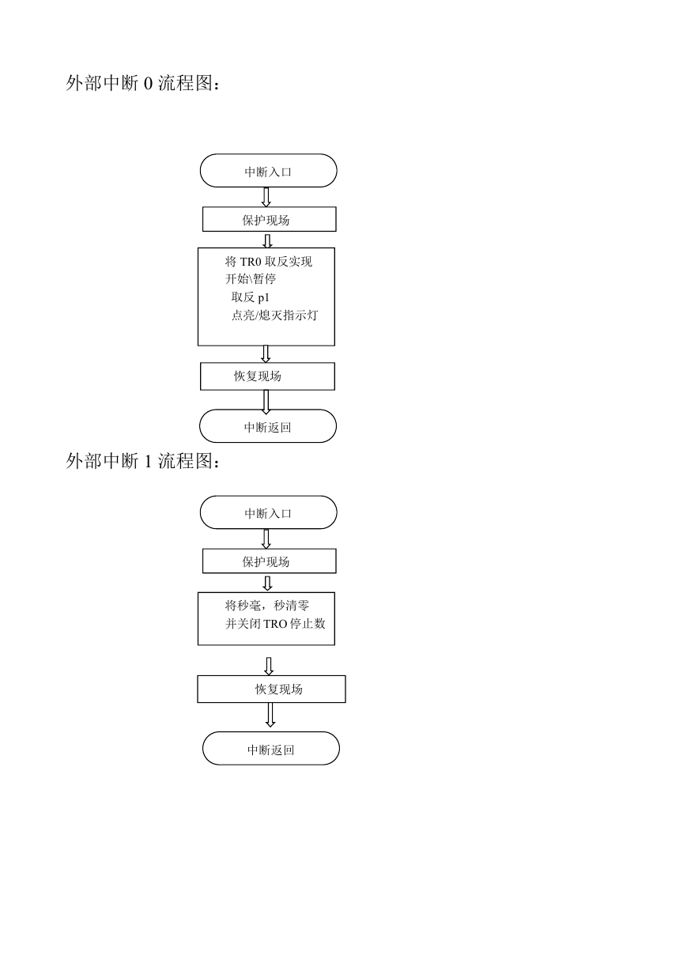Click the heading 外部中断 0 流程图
pyautogui.click(x=143, y=83)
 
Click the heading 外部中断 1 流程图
pyautogui.click(x=143, y=461)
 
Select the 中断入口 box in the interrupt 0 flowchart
pyautogui.click(x=268, y=170)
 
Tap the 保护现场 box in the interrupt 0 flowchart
pyautogui.click(x=269, y=219)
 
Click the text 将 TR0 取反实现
pyautogui.click(x=268, y=262)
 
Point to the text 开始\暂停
pyautogui.click(x=251, y=279)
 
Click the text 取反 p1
pyautogui.click(x=250, y=297)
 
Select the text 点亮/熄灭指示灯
pyautogui.click(x=275, y=315)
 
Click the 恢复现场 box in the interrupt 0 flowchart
pyautogui.click(x=267, y=376)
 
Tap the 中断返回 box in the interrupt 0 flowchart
pyautogui.click(x=268, y=425)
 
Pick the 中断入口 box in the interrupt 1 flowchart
pyautogui.click(x=268, y=512)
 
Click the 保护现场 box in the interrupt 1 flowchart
pyautogui.click(x=269, y=561)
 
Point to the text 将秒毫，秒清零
pyautogui.click(x=267, y=605)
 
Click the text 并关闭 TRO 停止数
pyautogui.click(x=275, y=623)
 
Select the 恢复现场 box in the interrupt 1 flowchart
pyautogui.click(x=271, y=689)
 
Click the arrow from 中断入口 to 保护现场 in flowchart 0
pyautogui.click(x=266, y=197)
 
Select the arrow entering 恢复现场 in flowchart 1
pyautogui.click(x=269, y=667)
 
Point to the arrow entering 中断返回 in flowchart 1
pyautogui.click(x=270, y=714)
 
